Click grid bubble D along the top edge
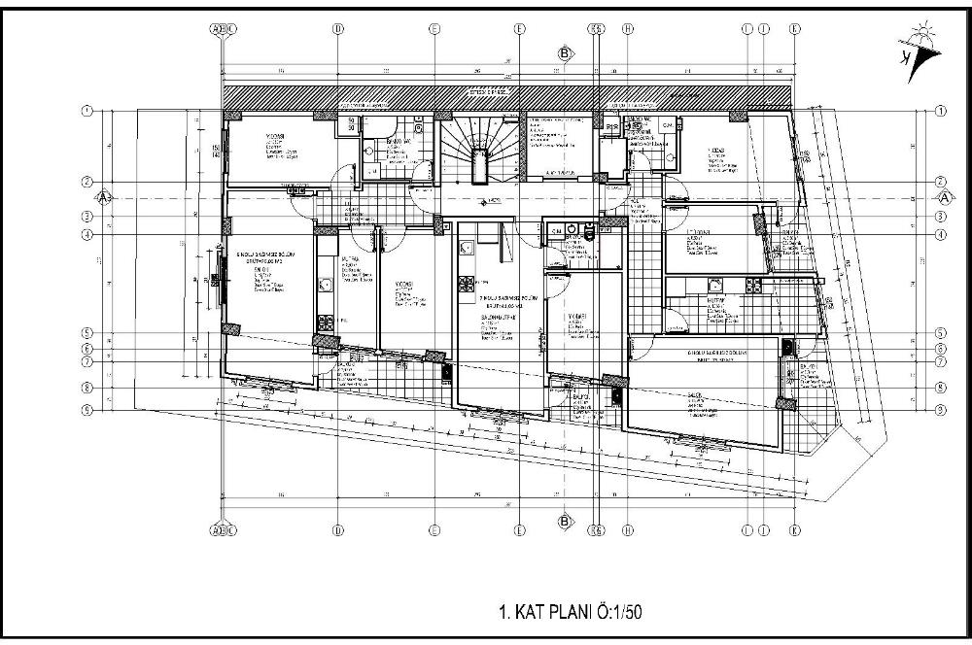(x=337, y=28)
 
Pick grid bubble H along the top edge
(x=629, y=28)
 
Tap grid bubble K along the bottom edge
(x=795, y=530)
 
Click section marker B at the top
(x=564, y=53)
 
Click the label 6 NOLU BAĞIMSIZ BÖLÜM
(x=258, y=253)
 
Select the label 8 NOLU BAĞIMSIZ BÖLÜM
(x=716, y=352)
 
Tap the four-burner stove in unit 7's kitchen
(x=466, y=283)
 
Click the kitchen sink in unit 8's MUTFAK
(x=714, y=285)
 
